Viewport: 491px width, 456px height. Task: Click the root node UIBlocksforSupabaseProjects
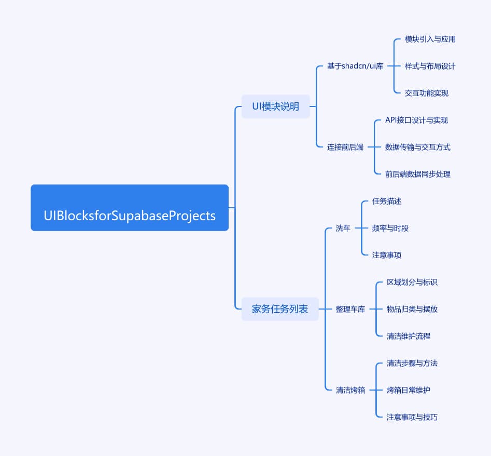point(130,208)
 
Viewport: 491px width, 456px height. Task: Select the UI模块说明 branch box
point(275,106)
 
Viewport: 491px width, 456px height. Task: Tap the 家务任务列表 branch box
point(280,309)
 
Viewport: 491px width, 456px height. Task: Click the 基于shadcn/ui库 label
point(355,66)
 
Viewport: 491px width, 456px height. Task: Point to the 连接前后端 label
point(345,147)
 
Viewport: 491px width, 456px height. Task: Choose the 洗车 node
point(343,228)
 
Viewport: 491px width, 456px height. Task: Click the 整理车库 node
point(350,309)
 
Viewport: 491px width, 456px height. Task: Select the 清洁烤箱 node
point(350,390)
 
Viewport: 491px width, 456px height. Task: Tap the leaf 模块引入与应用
point(430,39)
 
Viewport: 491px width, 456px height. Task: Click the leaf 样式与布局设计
point(430,66)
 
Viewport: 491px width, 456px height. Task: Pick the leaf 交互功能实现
point(427,93)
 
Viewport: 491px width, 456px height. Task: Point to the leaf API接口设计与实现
point(416,120)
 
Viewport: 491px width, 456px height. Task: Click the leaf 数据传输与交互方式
point(418,147)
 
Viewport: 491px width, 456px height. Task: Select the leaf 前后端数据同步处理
point(418,174)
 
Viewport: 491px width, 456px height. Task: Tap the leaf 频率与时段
point(390,228)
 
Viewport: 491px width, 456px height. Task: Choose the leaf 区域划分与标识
point(412,282)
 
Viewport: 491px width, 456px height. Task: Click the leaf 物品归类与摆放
point(412,309)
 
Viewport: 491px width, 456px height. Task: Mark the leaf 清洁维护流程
point(409,336)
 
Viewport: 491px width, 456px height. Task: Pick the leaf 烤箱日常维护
point(409,390)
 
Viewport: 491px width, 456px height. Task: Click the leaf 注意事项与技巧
point(412,417)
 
